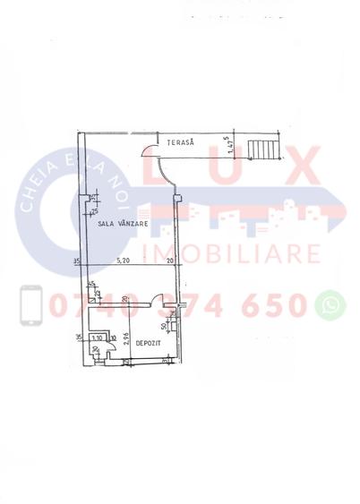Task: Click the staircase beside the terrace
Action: click(263, 148)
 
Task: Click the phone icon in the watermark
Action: click(31, 304)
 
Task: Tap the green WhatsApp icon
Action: click(331, 304)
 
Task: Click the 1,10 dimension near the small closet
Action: click(97, 338)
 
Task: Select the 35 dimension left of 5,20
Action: click(78, 262)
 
